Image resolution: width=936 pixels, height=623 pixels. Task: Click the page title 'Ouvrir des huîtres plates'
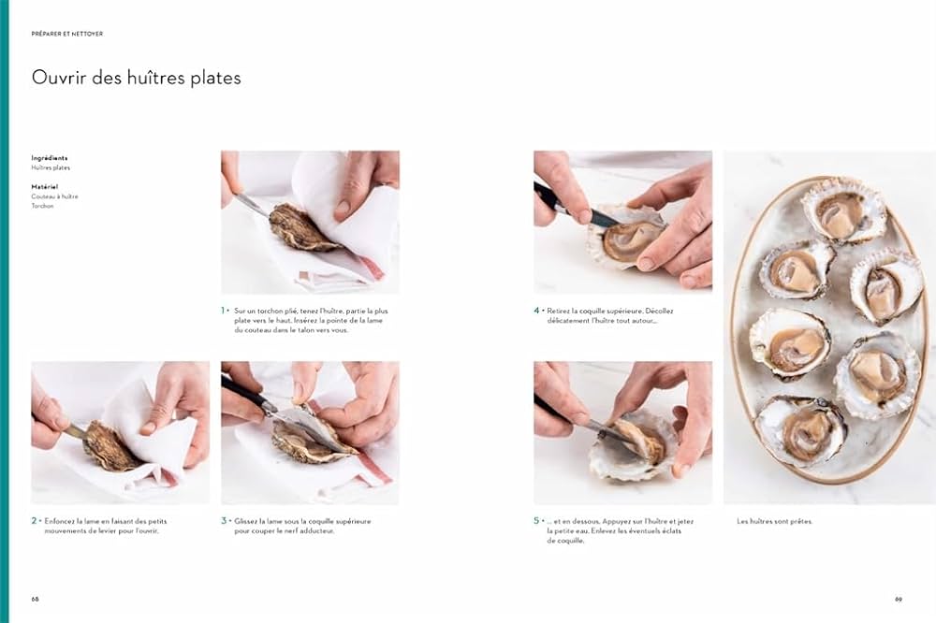pos(136,78)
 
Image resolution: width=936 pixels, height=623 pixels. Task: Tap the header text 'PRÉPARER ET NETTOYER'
pos(67,34)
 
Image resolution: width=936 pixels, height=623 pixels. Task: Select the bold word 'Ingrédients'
pos(50,158)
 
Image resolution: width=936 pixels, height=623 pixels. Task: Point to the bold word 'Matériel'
pos(45,186)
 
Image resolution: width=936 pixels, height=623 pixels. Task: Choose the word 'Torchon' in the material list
pos(43,206)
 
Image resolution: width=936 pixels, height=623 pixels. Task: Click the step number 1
pos(224,310)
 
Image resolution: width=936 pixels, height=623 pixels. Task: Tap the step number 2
pos(35,520)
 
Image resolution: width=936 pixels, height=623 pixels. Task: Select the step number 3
pos(224,520)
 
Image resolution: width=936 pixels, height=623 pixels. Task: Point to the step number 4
pos(536,310)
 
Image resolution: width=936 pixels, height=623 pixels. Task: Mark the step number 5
pos(536,520)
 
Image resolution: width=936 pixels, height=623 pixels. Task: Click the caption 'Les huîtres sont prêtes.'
pos(774,521)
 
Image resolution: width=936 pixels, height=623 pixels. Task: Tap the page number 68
pos(36,599)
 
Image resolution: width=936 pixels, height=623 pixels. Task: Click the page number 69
pos(899,599)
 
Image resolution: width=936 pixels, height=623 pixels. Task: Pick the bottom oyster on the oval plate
pos(800,430)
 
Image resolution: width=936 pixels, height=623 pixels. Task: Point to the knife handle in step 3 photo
pos(240,390)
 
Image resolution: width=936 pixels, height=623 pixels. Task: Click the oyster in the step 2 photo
pos(111,446)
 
